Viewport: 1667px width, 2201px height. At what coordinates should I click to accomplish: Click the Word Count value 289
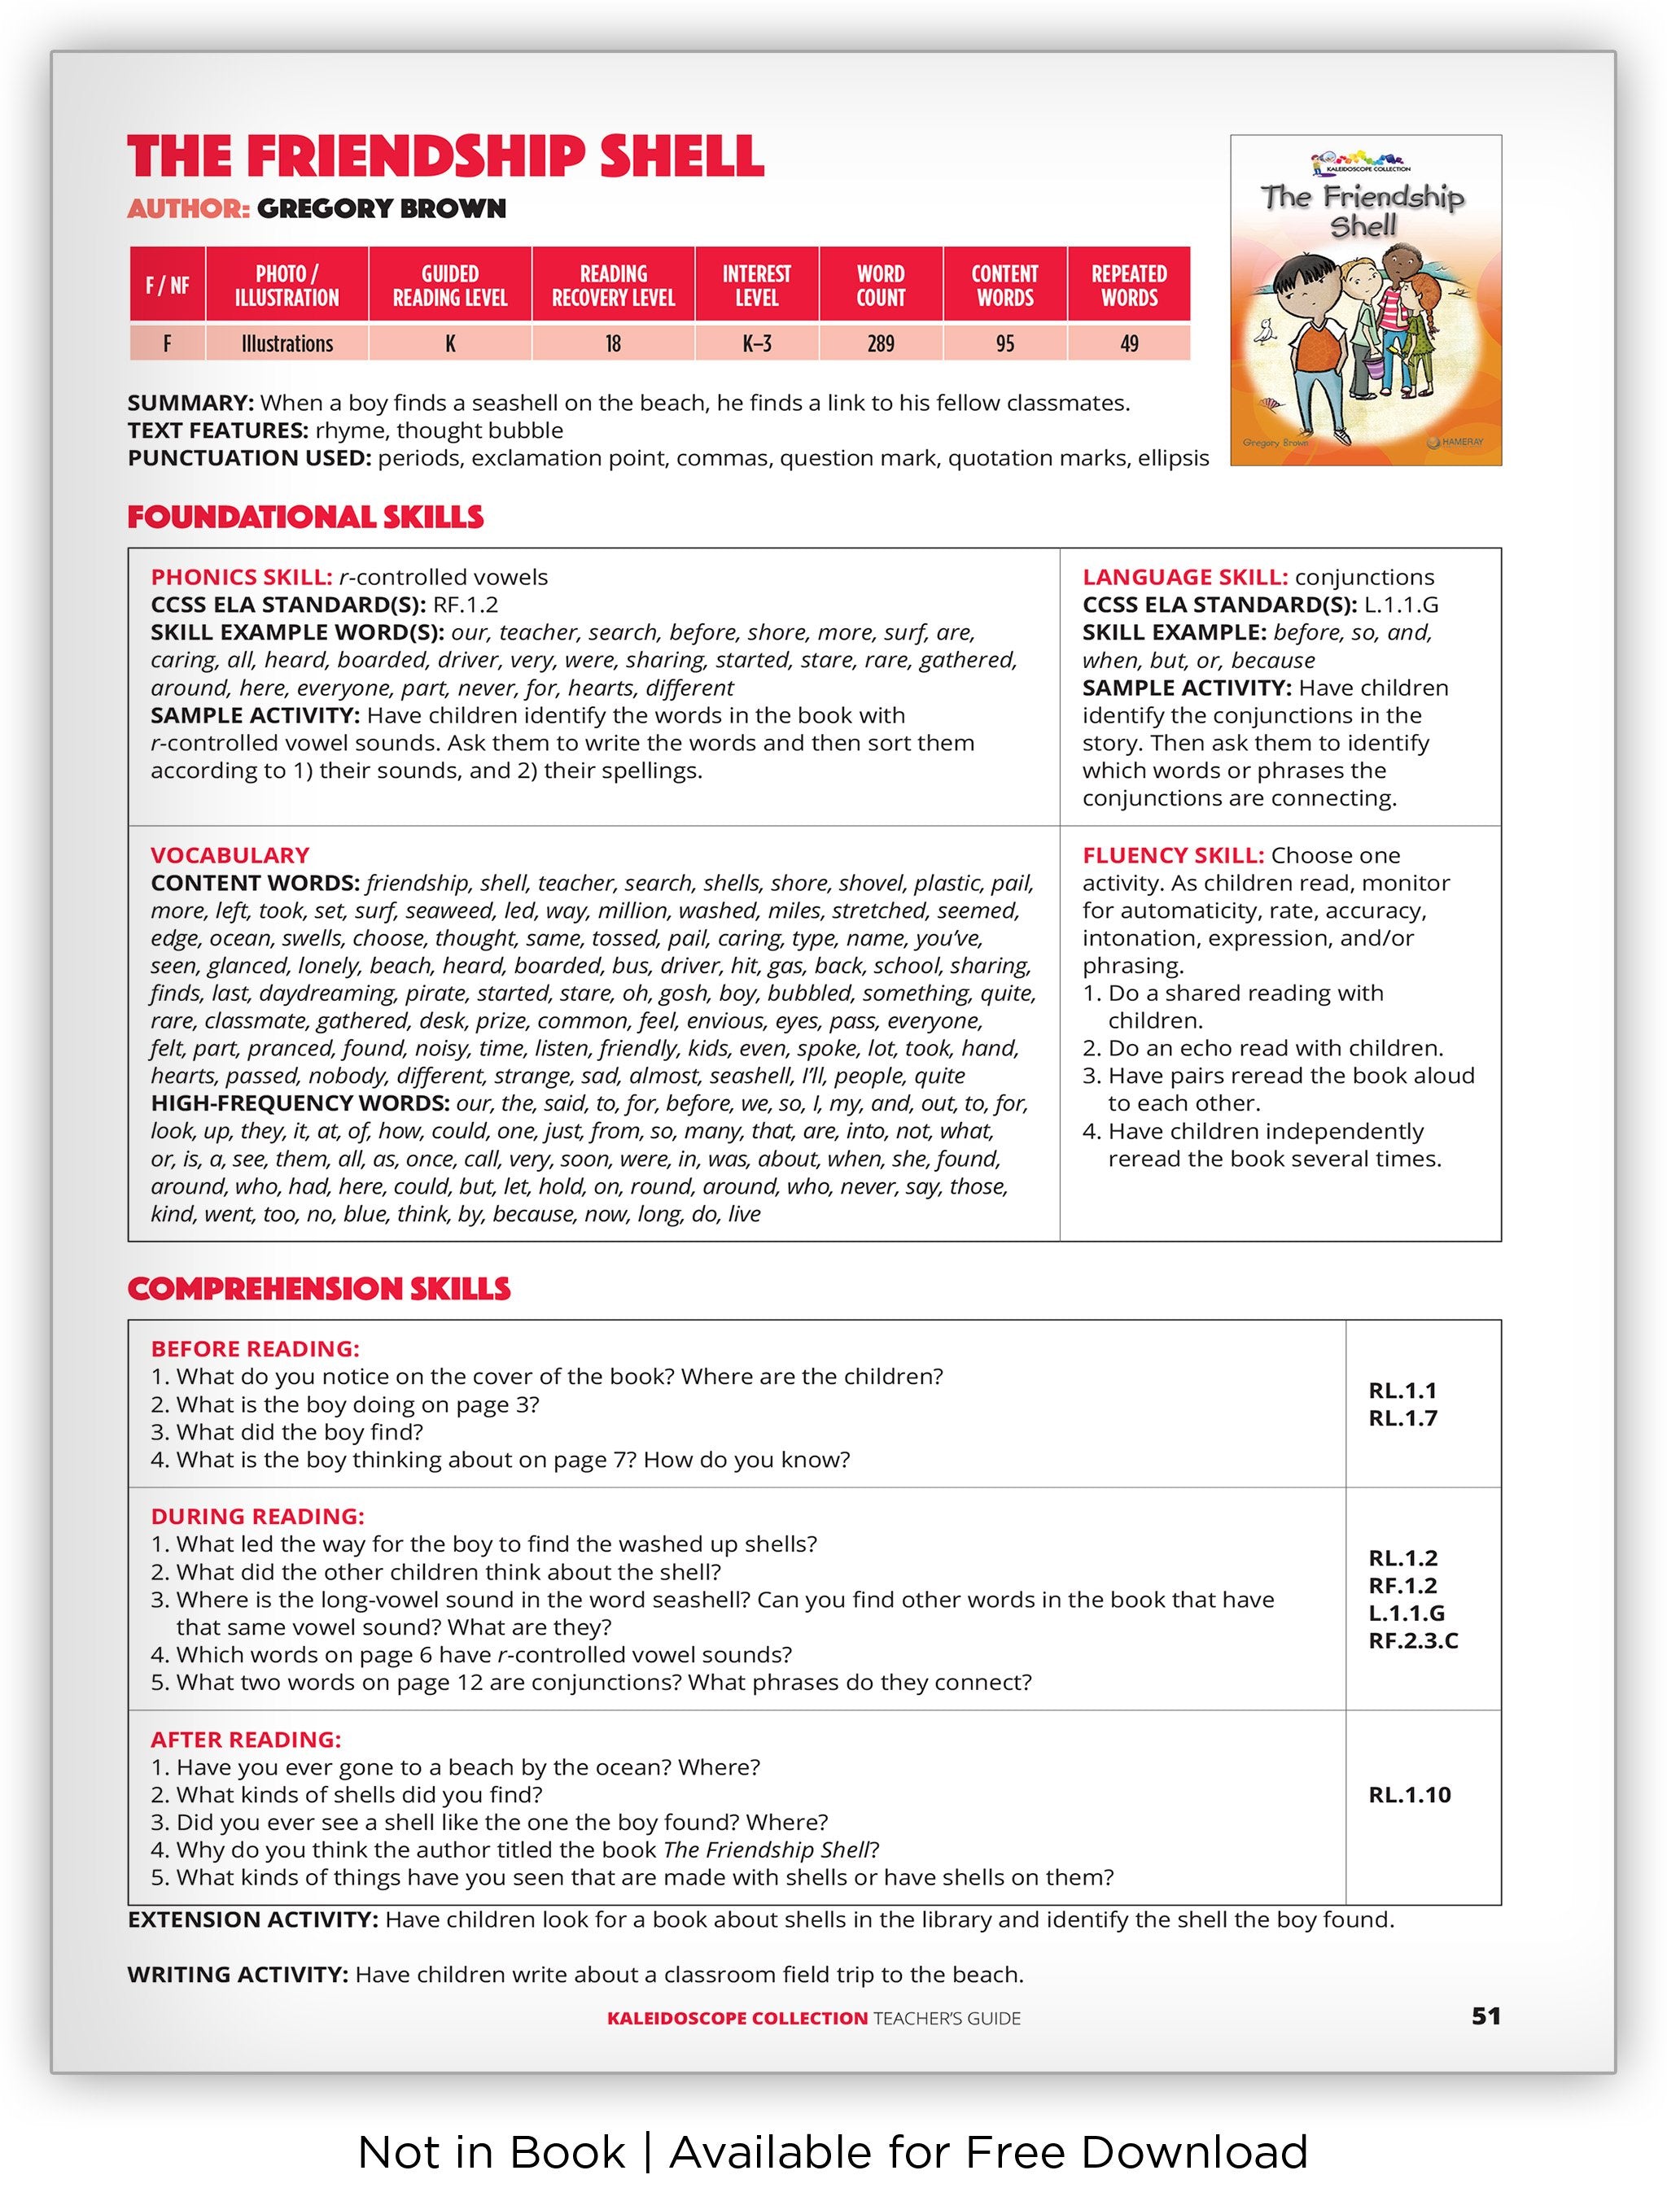880,343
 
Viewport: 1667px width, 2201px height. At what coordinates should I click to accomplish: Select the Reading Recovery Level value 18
613,343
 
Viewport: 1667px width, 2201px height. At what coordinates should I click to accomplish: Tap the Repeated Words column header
1129,286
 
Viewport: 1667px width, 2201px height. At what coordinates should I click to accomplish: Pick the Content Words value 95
1005,343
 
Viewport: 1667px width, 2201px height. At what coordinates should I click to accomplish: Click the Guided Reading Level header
450,286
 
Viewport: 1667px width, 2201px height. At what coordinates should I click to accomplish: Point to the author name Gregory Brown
381,209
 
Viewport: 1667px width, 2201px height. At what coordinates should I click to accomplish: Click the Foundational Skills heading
305,517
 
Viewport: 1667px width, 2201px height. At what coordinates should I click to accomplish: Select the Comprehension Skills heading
318,1290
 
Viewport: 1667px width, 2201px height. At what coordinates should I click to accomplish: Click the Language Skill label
1185,577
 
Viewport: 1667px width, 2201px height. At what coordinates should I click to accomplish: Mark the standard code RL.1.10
1409,1795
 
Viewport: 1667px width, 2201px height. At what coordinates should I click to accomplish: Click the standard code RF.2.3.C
1413,1641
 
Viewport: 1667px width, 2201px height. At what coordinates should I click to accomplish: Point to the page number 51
1485,2016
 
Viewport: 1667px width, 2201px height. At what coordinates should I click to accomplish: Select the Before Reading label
255,1349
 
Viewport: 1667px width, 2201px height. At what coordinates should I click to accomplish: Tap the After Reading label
246,1740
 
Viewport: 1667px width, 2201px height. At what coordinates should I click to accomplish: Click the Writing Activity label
238,1974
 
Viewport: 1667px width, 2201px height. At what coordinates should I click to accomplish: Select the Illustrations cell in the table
287,343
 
